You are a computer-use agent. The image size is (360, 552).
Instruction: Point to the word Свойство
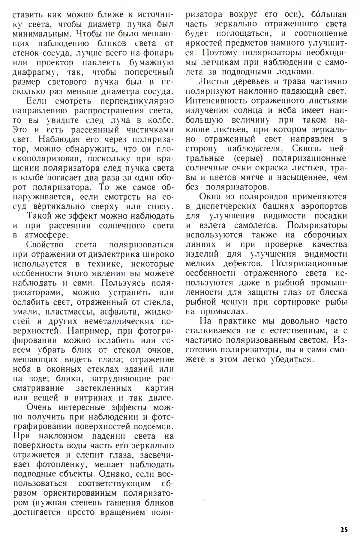[x=45, y=245]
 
